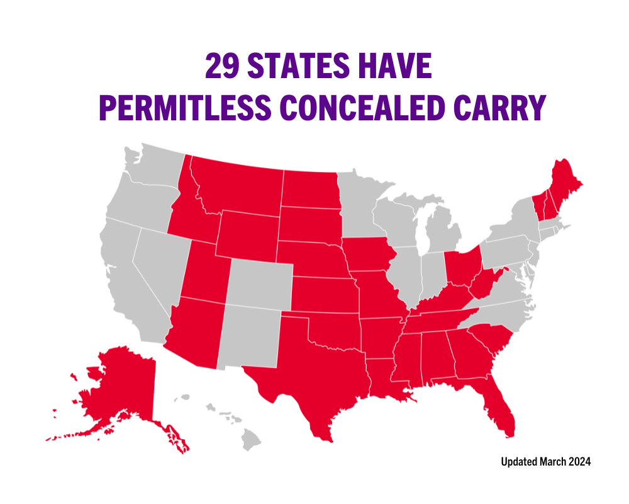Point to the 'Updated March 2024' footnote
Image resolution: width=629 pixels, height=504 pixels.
tap(545, 462)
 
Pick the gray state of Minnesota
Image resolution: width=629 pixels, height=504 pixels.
tap(359, 202)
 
